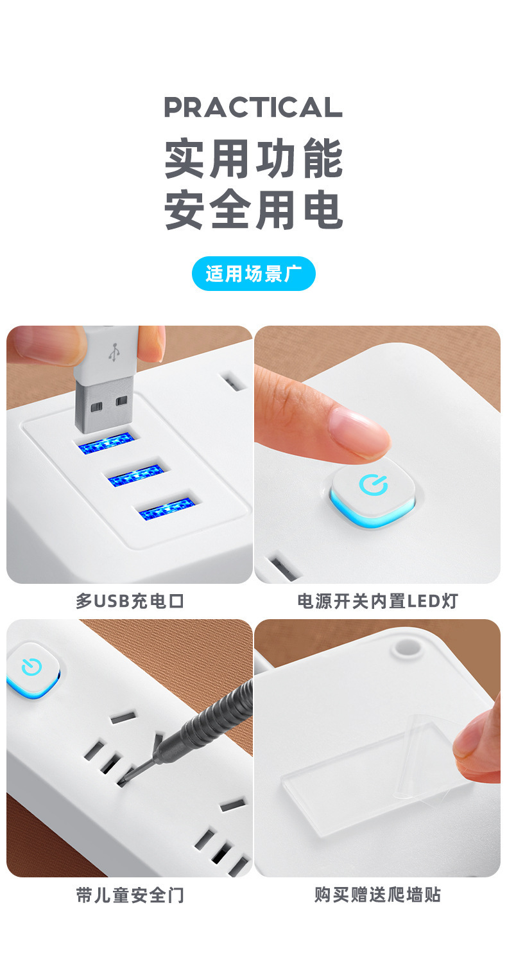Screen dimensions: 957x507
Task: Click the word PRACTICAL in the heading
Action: [253, 107]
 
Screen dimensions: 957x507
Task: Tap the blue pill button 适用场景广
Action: [253, 274]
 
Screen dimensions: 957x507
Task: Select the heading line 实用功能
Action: [253, 158]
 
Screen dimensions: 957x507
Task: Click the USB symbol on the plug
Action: [114, 351]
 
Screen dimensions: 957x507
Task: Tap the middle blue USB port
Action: [134, 475]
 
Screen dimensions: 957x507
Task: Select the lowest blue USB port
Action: [167, 507]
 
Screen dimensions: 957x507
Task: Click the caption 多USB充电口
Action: [130, 601]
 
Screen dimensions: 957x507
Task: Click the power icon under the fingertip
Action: [374, 485]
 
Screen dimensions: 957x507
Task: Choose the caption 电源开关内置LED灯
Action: [377, 601]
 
